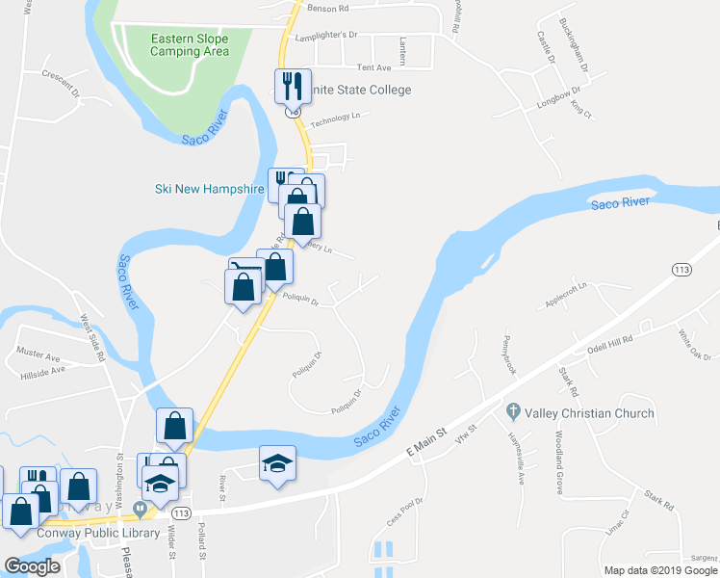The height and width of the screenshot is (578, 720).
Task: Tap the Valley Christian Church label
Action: pyautogui.click(x=589, y=413)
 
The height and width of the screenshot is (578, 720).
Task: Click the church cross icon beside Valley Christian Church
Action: pyautogui.click(x=514, y=412)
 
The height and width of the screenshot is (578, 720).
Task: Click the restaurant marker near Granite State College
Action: pyautogui.click(x=291, y=86)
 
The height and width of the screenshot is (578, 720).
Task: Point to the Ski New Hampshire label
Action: pyautogui.click(x=209, y=189)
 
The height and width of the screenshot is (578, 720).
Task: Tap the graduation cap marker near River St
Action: pyautogui.click(x=277, y=464)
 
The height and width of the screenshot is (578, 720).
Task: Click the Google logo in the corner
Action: pyautogui.click(x=31, y=566)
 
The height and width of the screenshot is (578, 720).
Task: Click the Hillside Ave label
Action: pyautogui.click(x=42, y=369)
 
